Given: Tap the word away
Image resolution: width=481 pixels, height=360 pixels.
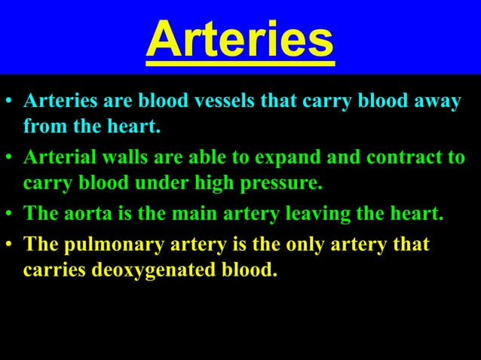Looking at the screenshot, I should (434, 101).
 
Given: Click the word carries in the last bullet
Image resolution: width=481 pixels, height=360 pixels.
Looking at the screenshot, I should (54, 269).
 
